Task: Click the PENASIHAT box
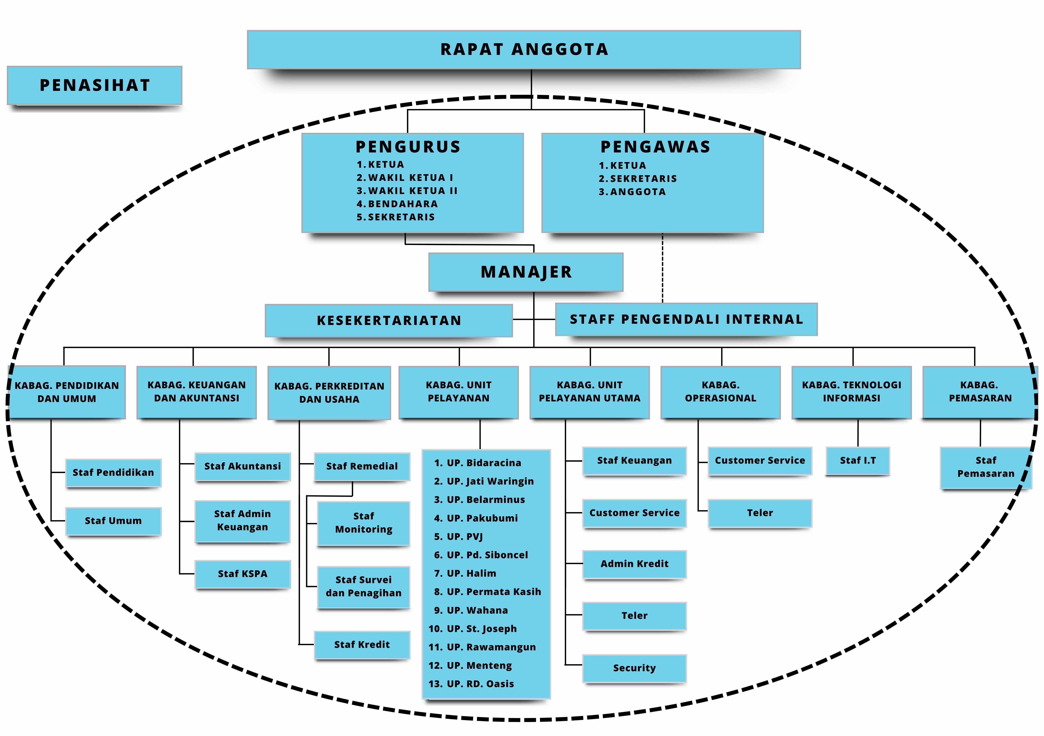95,85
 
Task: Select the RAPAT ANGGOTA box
524,49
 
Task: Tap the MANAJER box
526,272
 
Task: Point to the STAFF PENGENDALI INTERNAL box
686,319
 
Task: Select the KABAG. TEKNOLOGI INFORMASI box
851,392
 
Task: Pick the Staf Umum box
113,521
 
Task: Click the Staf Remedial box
362,466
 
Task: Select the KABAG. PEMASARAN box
980,392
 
